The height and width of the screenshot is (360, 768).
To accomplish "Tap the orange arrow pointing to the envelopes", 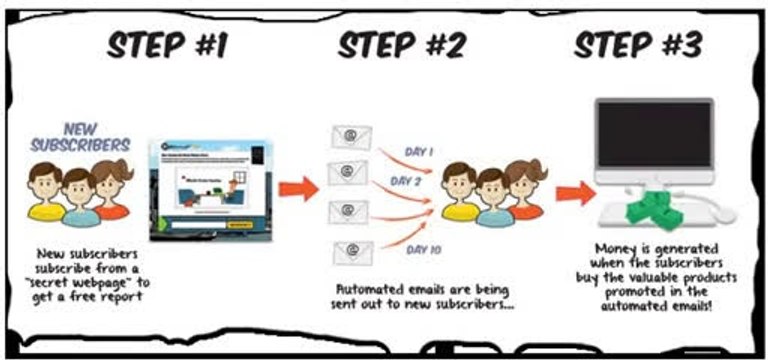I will pos(297,185).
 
